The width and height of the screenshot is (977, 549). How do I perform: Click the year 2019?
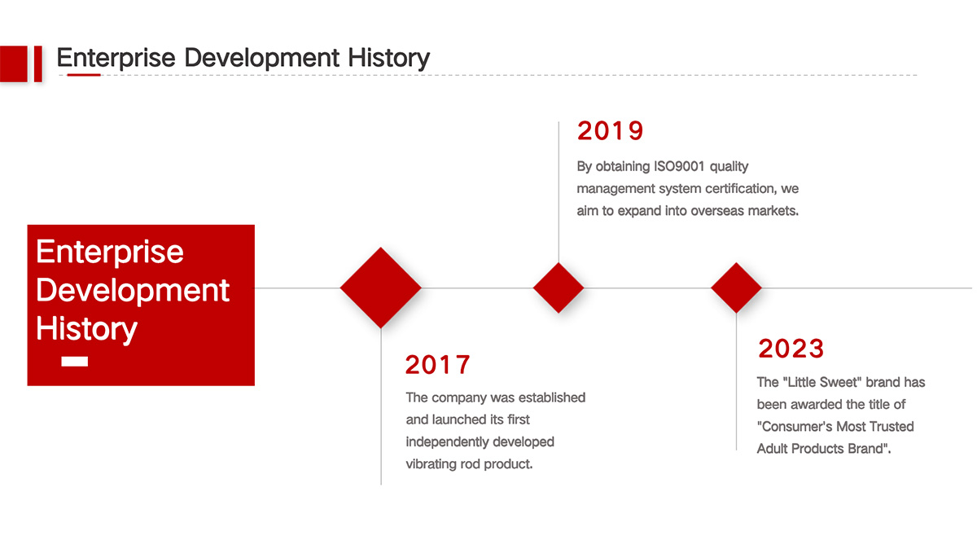point(610,130)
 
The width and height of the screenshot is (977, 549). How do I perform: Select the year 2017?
point(437,365)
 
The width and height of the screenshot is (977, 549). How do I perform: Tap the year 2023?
point(791,349)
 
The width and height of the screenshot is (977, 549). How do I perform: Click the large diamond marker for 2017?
point(381,288)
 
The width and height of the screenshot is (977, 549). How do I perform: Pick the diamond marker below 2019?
point(559,288)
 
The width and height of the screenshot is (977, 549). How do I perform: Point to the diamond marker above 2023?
point(736,288)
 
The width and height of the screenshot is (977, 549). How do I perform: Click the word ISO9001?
point(679,166)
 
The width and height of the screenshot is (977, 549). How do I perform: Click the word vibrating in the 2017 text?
point(431,464)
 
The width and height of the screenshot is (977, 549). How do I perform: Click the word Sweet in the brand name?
point(840,382)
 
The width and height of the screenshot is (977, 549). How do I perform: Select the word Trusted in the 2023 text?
point(892,426)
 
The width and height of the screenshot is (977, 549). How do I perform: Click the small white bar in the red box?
point(75,362)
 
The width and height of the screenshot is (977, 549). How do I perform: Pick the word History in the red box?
point(86,328)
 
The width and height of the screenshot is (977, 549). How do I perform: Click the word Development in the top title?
point(261,58)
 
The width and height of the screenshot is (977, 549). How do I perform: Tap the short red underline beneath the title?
point(84,75)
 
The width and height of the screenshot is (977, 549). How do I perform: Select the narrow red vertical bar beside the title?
point(38,64)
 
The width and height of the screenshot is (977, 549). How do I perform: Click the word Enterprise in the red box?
point(109,252)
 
